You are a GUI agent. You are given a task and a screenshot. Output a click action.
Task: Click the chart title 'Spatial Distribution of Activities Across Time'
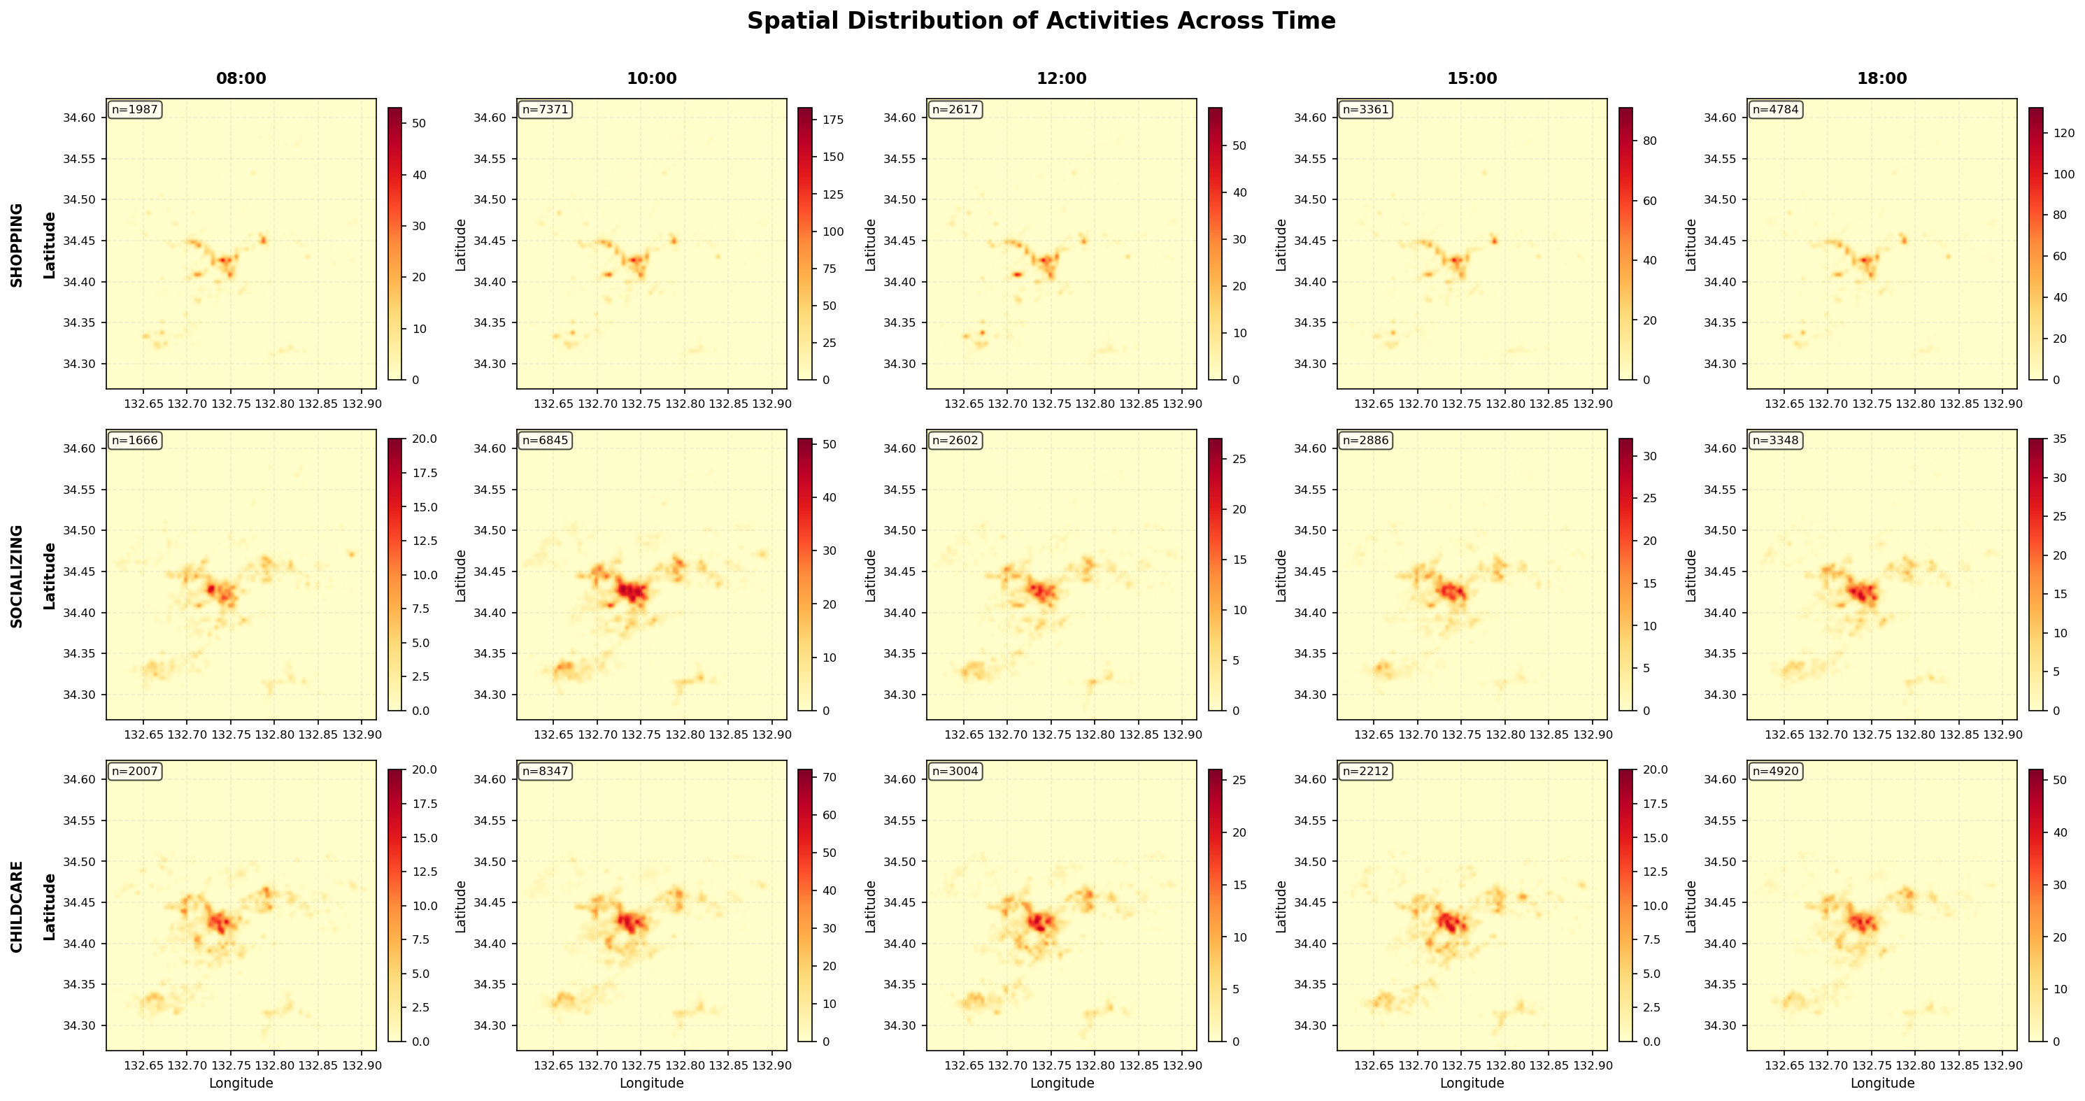(x=1041, y=21)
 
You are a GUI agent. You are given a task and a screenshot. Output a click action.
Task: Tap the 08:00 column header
(x=241, y=78)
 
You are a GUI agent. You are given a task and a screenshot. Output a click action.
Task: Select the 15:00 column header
(x=1472, y=78)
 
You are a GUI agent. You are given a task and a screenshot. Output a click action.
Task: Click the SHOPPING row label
(x=17, y=245)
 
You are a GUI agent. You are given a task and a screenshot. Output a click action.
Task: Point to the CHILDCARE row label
(x=17, y=906)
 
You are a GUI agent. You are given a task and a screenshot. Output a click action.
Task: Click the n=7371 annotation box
(x=546, y=110)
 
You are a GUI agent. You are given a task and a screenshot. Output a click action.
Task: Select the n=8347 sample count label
(x=546, y=772)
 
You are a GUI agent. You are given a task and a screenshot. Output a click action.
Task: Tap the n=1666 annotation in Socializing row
(x=135, y=441)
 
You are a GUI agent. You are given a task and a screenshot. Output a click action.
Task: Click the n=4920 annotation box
(x=1776, y=772)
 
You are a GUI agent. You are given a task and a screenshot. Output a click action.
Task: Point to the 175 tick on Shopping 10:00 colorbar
(x=834, y=120)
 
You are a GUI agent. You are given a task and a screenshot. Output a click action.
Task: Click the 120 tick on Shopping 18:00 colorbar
(x=2063, y=133)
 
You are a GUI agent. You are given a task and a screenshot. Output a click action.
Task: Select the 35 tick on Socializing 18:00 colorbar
(x=2060, y=439)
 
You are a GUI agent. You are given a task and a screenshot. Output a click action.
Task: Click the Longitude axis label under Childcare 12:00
(x=1062, y=1084)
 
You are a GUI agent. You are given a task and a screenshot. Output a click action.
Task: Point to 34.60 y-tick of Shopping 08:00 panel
(x=79, y=118)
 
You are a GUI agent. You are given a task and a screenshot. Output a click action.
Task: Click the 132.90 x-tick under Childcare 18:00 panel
(x=2002, y=1065)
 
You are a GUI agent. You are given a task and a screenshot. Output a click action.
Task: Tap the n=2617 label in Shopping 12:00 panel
(x=956, y=110)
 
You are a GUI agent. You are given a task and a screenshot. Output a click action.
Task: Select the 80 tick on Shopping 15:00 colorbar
(x=1649, y=141)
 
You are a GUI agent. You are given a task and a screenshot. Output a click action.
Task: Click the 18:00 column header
(x=1882, y=78)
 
